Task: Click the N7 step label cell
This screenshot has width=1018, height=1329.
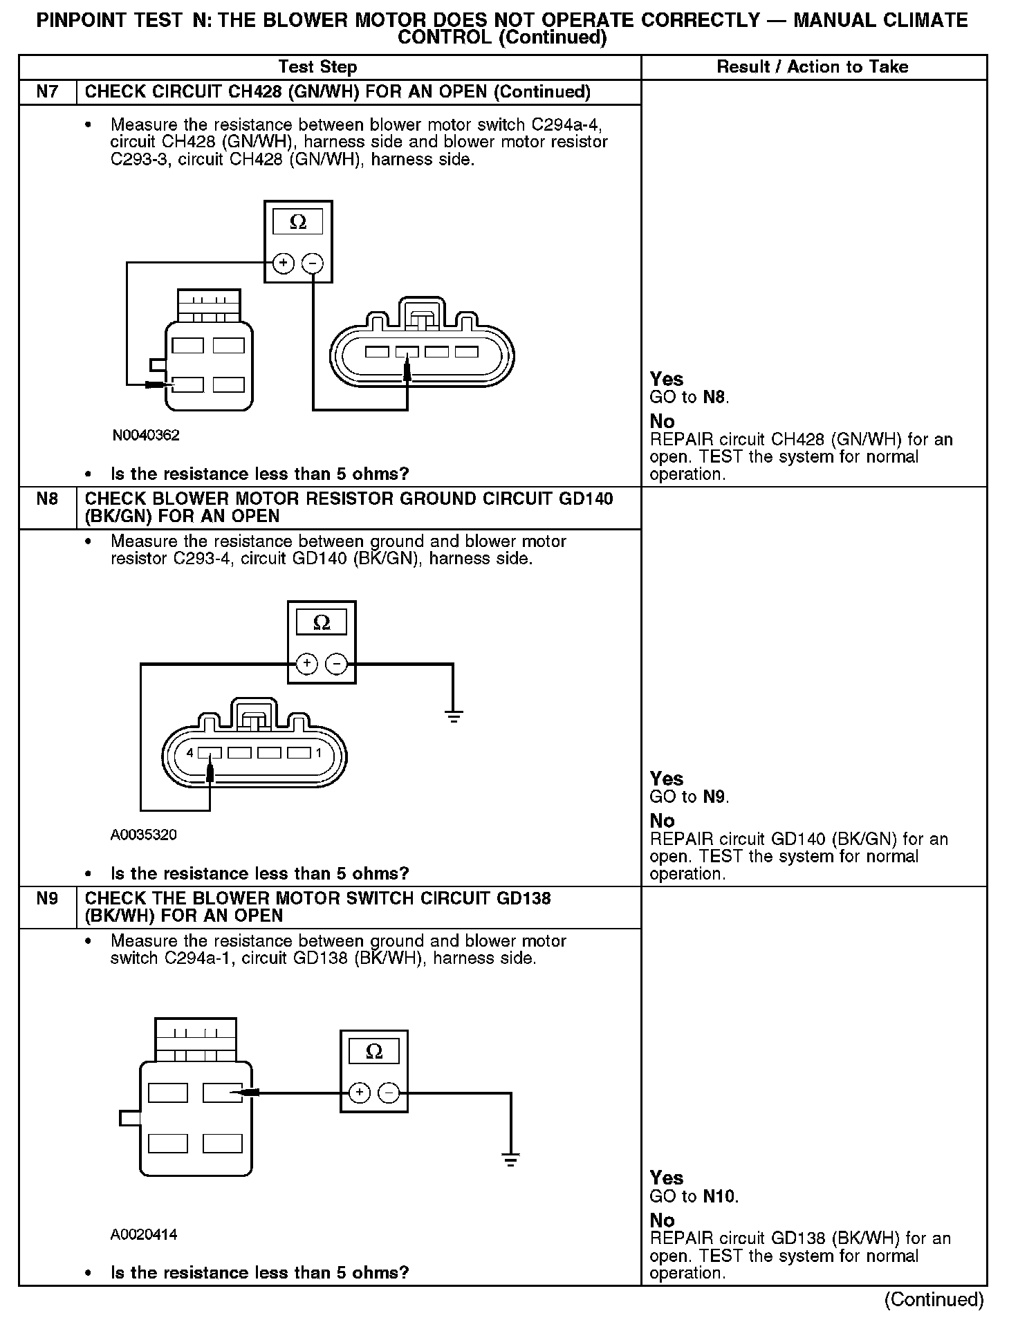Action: pyautogui.click(x=47, y=92)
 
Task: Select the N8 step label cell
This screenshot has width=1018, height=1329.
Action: pyautogui.click(x=47, y=499)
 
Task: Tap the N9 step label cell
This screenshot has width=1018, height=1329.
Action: pyautogui.click(x=47, y=898)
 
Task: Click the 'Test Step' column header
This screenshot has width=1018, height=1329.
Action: pyautogui.click(x=317, y=67)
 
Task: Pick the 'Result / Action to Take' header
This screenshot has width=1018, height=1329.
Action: pyautogui.click(x=813, y=67)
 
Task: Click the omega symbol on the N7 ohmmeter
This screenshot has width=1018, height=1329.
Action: pyautogui.click(x=298, y=222)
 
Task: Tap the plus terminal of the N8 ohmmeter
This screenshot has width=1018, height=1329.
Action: pyautogui.click(x=306, y=664)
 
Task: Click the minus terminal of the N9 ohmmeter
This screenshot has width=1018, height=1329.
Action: pyautogui.click(x=390, y=1093)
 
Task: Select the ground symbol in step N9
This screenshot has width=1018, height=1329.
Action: pyautogui.click(x=510, y=1160)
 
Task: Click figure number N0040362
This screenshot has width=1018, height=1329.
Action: pyautogui.click(x=146, y=435)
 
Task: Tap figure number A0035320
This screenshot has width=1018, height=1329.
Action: pyautogui.click(x=143, y=835)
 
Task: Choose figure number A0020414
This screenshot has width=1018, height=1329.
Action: pyautogui.click(x=143, y=1234)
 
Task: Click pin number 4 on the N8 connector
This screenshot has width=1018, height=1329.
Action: pyautogui.click(x=190, y=753)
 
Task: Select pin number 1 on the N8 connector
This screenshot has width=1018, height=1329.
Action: pyautogui.click(x=319, y=753)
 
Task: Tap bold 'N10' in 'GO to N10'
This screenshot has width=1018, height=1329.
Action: pyautogui.click(x=719, y=1196)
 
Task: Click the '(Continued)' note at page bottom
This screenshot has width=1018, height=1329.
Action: pyautogui.click(x=934, y=1299)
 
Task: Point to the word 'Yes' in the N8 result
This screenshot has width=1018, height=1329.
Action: pyautogui.click(x=666, y=779)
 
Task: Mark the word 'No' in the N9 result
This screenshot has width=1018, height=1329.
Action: pyautogui.click(x=662, y=1220)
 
